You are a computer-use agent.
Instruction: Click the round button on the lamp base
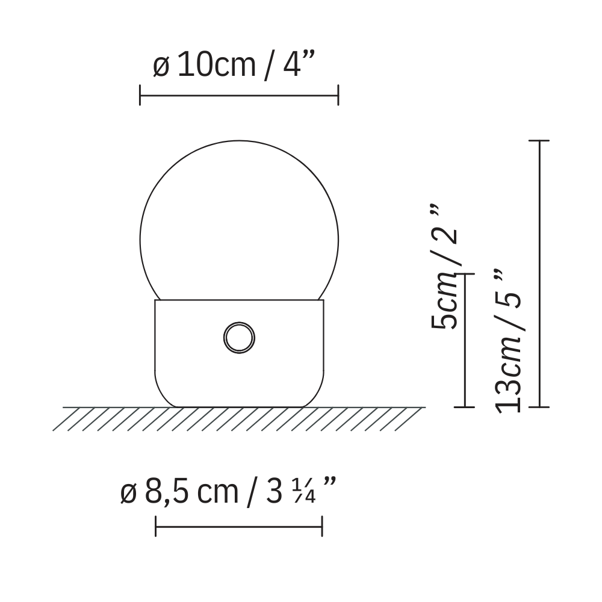tap(239, 338)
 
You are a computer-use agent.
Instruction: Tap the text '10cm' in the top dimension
tap(217, 65)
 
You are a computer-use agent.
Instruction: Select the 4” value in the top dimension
tap(299, 64)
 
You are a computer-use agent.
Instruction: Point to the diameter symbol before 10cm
tap(161, 67)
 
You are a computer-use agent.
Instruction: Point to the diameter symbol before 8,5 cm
tap(128, 494)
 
